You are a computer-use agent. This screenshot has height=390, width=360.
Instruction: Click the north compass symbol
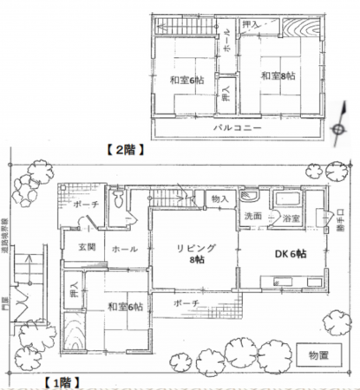click(x=337, y=128)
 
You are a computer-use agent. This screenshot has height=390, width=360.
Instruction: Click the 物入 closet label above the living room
click(x=219, y=199)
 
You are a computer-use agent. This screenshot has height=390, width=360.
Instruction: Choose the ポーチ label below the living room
click(x=185, y=302)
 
